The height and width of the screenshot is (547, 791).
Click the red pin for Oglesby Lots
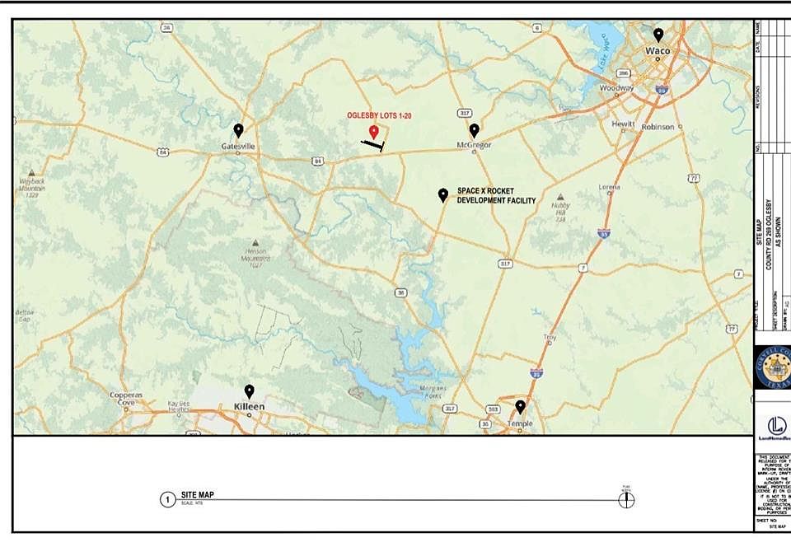pos(373,132)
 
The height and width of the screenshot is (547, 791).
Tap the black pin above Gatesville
pos(239,129)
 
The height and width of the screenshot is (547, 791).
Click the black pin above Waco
pos(658,35)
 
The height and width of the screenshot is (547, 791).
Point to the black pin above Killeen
pos(249,391)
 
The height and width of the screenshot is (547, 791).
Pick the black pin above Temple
pos(520,406)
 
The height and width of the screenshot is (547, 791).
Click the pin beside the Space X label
pos(443,194)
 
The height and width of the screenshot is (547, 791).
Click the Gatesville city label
pos(238,146)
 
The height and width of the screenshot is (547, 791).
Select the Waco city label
pos(658,51)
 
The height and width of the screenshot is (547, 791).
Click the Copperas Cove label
pos(127,399)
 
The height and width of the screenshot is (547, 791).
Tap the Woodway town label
pos(616,87)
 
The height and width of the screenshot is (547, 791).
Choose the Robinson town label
pos(657,127)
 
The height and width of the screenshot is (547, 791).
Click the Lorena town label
pos(610,187)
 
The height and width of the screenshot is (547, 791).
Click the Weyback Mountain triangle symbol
pos(31,174)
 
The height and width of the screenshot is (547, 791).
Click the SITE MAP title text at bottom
pos(198,495)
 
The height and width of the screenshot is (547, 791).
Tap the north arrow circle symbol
pos(626,499)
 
